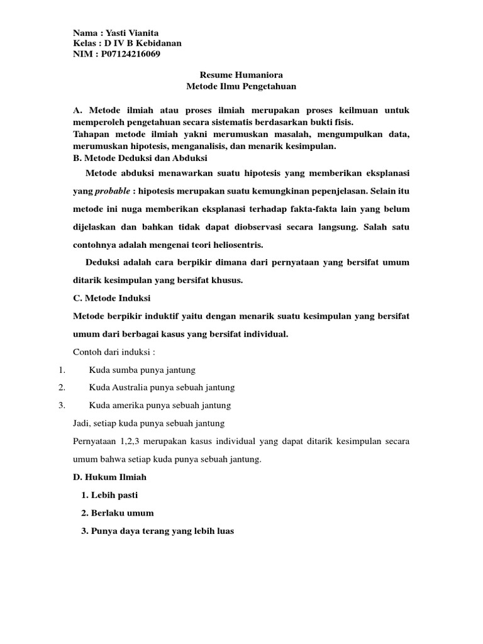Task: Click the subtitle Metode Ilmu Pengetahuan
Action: click(x=241, y=86)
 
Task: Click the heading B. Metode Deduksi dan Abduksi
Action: click(x=140, y=157)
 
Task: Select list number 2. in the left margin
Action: click(x=62, y=387)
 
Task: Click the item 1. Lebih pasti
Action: click(x=109, y=495)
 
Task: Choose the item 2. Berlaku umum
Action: click(x=118, y=513)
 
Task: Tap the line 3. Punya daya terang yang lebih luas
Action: click(x=157, y=531)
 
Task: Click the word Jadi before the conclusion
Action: click(x=83, y=423)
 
